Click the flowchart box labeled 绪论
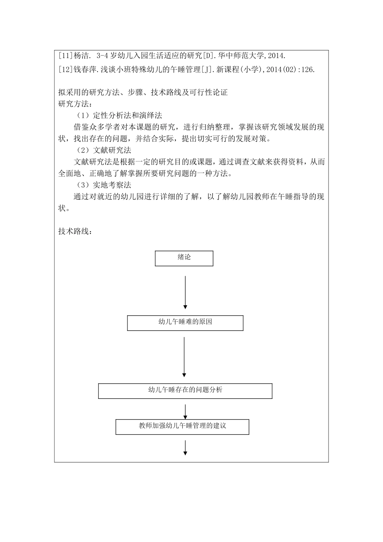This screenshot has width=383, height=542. [184, 258]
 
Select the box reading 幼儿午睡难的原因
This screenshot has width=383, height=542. [185, 323]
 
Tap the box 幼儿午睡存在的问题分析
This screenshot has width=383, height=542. [185, 390]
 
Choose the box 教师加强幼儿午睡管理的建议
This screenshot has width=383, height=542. [182, 427]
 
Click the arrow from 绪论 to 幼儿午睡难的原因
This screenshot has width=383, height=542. [185, 292]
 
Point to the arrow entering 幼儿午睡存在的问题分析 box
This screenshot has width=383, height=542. [184, 357]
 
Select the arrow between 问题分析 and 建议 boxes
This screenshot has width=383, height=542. [185, 412]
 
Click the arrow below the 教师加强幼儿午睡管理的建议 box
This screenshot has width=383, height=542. [185, 448]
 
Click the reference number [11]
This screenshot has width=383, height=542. [65, 56]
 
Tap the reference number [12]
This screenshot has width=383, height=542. [65, 70]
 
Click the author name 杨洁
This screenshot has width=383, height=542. [79, 56]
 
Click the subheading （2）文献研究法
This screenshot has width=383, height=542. [104, 150]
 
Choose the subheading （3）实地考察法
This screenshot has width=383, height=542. [104, 186]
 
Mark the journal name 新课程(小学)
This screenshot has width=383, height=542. [243, 70]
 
